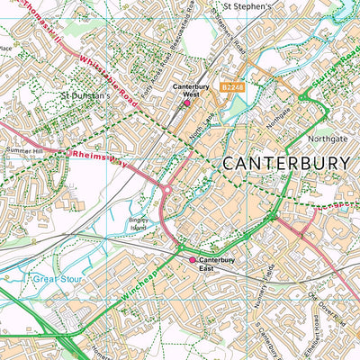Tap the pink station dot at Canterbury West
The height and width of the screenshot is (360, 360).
pos(187,103)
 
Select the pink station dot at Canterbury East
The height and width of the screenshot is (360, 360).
pos(192,260)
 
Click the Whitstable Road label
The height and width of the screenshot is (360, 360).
pos(107,83)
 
